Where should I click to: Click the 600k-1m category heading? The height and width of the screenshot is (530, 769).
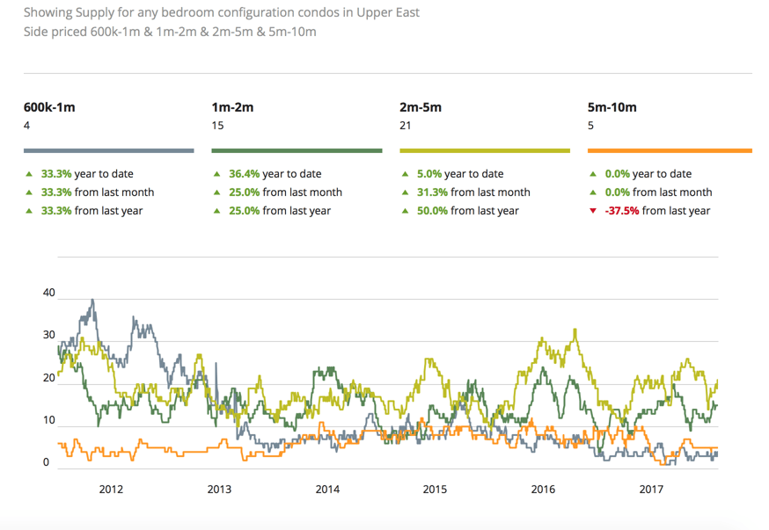point(49,107)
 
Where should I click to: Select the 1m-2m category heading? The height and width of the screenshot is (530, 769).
point(232,107)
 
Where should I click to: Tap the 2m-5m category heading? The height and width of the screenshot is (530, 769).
point(421,107)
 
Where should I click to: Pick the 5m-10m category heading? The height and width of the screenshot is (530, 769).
point(612,107)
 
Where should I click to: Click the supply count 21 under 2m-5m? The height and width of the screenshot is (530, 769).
point(406,126)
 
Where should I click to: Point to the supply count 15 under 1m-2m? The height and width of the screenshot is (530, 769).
point(217,126)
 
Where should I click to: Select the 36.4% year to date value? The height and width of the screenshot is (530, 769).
point(244,174)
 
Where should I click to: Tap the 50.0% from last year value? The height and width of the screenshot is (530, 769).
point(432,211)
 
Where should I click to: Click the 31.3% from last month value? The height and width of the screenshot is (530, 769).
point(432,192)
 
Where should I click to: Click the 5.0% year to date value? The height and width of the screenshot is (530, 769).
point(428,174)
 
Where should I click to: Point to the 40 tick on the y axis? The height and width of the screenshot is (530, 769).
point(49,294)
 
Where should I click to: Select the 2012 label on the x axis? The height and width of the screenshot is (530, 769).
point(111,490)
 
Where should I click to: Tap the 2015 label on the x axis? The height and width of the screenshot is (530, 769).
point(436,490)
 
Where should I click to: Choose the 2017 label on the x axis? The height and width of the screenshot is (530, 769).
point(651,490)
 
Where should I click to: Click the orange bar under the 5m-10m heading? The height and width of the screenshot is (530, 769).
point(670,151)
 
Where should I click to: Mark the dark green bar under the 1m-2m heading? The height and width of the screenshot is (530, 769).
point(297,151)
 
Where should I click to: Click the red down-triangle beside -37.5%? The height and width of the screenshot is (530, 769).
point(594,211)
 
